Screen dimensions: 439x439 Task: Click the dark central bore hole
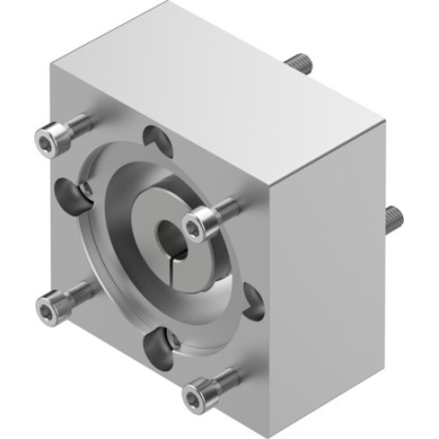(169, 236)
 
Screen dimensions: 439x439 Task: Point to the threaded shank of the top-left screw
(77, 125)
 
